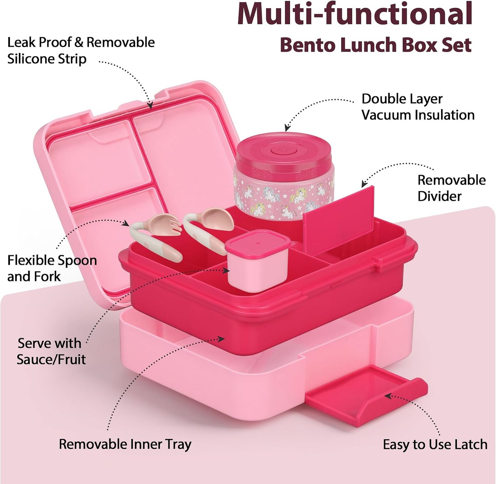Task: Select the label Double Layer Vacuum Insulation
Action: tap(418, 107)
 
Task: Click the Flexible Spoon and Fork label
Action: tap(52, 268)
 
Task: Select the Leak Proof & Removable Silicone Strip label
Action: tap(81, 51)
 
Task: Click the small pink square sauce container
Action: tap(257, 261)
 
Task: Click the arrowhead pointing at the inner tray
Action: tap(220, 339)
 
